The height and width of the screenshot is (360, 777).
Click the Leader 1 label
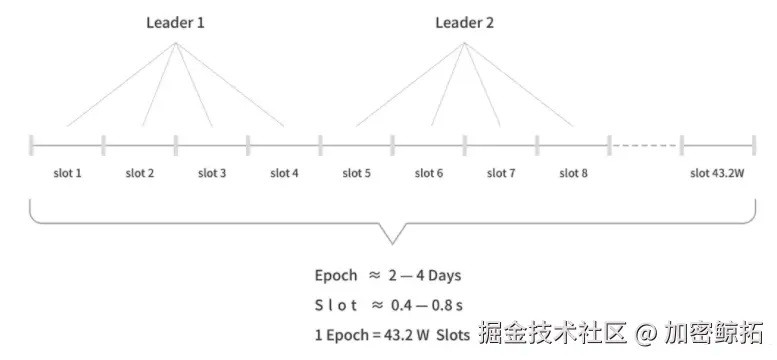pos(175,22)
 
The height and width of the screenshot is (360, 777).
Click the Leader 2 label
pos(463,22)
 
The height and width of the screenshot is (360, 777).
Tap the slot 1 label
pos(67,173)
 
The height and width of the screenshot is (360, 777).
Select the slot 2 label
pos(140,173)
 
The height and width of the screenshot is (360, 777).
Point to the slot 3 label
pos(212,173)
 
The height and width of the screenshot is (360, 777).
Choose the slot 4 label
pos(284,173)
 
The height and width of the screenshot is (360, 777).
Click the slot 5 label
pos(357,173)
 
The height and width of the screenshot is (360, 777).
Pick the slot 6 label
pos(429,173)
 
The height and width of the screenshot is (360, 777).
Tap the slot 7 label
pos(501,173)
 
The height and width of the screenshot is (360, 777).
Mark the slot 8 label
pos(573,173)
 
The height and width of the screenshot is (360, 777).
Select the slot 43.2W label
pos(717,173)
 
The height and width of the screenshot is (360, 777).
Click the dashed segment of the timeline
pos(644,145)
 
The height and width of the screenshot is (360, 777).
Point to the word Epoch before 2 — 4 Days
pos(335,275)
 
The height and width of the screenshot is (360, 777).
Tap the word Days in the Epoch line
pos(441,275)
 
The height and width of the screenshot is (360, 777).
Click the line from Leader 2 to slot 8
pos(520,87)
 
